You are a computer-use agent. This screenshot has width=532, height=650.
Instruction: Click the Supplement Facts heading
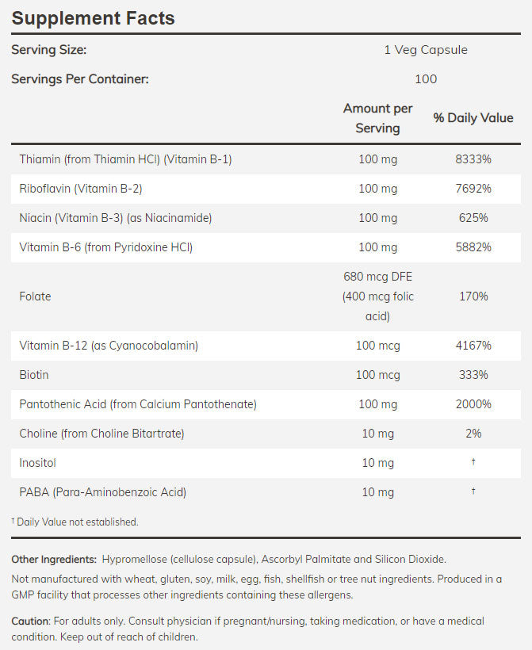tap(93, 17)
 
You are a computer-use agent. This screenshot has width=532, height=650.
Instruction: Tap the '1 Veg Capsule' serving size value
tap(425, 50)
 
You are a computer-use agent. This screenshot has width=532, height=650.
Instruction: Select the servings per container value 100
tap(425, 78)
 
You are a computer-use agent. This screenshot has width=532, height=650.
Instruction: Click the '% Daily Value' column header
tap(473, 118)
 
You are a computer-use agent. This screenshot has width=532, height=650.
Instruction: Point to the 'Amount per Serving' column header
tap(377, 118)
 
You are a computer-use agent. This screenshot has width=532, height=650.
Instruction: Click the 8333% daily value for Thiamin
tap(473, 159)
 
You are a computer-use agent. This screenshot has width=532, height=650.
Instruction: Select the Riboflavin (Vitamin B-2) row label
tap(80, 189)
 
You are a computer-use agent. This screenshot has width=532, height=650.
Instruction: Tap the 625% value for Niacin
tap(473, 218)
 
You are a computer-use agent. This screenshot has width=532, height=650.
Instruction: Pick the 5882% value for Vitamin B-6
tap(473, 247)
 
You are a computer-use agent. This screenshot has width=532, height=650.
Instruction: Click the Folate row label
tap(35, 296)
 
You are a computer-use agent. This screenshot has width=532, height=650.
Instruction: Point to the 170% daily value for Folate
tap(473, 296)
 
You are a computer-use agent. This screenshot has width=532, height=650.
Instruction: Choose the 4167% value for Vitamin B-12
tap(473, 346)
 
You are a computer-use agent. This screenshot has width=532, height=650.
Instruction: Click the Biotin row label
tap(34, 375)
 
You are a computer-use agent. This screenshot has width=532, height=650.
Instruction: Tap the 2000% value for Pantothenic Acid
tap(473, 404)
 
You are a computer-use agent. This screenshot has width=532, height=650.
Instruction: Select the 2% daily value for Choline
tap(473, 434)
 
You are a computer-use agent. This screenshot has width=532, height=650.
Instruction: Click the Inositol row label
tap(37, 463)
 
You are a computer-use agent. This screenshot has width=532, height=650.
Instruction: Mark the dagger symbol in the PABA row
tap(473, 491)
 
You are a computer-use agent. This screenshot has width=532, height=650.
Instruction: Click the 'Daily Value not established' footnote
tap(76, 522)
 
